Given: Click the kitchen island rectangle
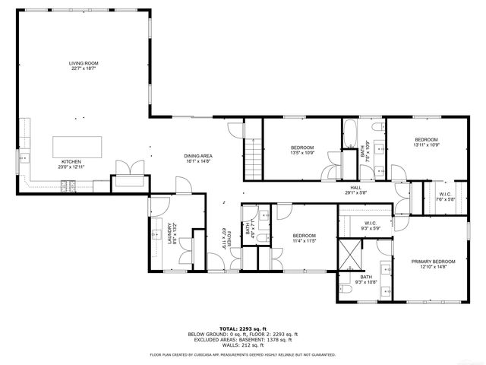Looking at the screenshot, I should coord(77,146).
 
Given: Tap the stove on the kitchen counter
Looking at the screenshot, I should coord(69,184).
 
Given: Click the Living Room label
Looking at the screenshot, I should coord(84,63).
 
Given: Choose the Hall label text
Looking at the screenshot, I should coord(355,187).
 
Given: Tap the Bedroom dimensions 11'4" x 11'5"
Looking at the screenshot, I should coord(305,241).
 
